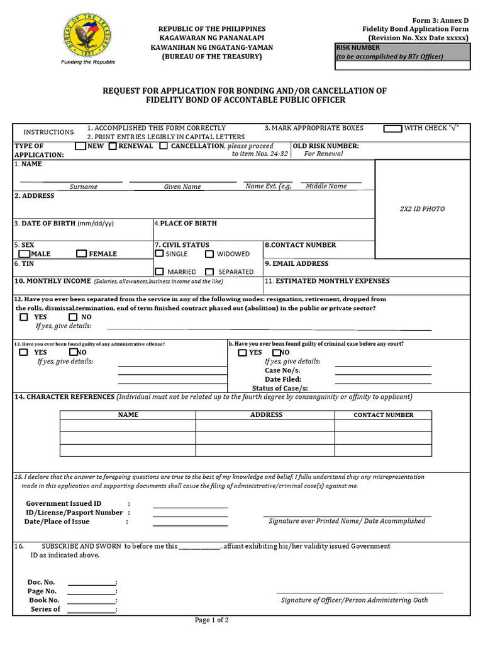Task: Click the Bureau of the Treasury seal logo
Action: click(88, 36)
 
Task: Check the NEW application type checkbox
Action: click(80, 146)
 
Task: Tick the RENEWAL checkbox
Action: click(113, 146)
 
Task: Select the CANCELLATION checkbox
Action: click(164, 146)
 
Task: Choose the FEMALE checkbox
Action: click(81, 254)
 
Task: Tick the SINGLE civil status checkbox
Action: click(159, 254)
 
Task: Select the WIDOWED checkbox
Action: click(209, 254)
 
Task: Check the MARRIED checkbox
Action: click(159, 271)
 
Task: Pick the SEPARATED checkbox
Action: click(209, 271)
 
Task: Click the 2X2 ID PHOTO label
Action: click(422, 209)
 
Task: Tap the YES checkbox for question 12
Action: click(24, 317)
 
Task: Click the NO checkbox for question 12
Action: click(73, 317)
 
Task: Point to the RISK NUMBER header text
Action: click(358, 48)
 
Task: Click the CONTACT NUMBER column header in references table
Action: click(383, 415)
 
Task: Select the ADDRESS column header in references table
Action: click(266, 415)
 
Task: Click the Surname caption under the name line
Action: click(84, 187)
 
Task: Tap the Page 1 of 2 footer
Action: click(211, 620)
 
